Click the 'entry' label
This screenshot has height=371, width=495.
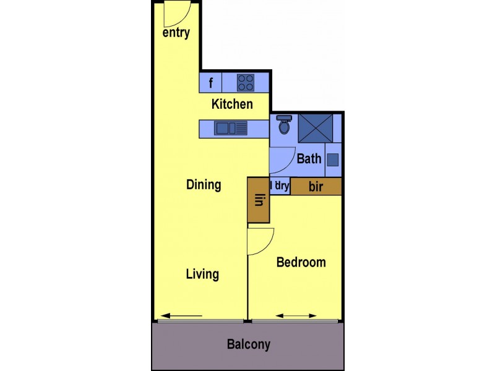tap(176, 33)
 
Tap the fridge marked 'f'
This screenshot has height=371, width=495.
tap(210, 83)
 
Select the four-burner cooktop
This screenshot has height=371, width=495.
tap(246, 83)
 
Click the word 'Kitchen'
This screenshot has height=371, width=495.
tap(232, 104)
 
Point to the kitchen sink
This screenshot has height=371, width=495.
tap(230, 128)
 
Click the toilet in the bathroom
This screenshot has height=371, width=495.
tap(285, 125)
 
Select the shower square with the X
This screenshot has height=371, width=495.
tap(316, 129)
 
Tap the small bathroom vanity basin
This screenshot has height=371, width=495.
tap(333, 160)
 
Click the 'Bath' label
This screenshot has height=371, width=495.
tap(309, 159)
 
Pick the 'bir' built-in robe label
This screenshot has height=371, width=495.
tap(316, 187)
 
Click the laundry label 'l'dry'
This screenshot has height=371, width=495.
tap(280, 185)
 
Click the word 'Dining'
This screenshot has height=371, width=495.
tap(204, 184)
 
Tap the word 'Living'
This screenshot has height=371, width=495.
tap(202, 274)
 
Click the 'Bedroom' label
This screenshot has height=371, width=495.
tap(301, 262)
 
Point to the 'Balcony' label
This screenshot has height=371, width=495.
tap(248, 344)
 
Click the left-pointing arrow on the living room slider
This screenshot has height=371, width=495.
tap(182, 316)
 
